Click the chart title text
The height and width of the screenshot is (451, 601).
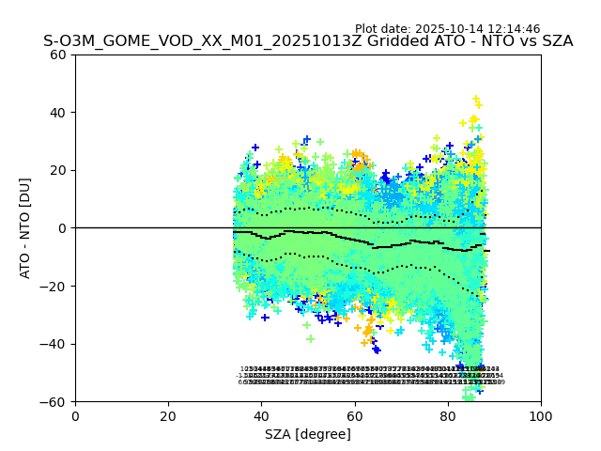308,41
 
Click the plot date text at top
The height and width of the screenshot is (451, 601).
460,29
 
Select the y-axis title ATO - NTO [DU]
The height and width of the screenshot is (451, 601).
26,227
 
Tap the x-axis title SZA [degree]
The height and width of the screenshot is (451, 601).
308,434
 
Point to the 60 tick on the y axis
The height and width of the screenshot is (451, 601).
58,54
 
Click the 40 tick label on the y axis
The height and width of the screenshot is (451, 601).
58,113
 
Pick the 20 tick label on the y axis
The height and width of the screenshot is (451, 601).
58,170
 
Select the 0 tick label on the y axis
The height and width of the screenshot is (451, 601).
62,228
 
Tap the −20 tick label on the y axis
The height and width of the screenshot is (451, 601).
54,286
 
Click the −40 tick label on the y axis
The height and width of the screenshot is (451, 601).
54,344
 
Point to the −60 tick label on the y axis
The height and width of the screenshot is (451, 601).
54,401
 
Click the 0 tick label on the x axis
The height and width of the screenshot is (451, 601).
75,415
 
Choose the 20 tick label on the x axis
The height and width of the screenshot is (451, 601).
168,415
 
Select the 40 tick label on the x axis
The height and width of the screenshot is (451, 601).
261,415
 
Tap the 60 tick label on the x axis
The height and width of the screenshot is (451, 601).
355,415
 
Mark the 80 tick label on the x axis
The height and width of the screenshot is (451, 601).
448,415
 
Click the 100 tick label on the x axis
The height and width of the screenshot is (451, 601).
541,415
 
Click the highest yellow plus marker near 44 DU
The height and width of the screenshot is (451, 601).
476,99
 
